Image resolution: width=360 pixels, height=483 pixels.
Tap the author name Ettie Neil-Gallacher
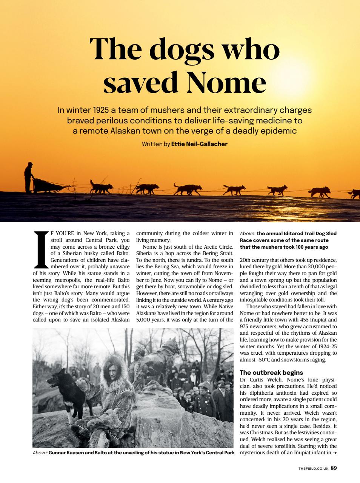pyautogui.click(x=199, y=144)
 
